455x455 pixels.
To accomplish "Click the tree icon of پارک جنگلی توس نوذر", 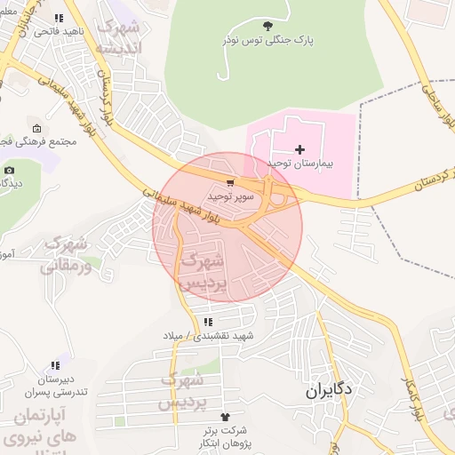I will coord(269,26).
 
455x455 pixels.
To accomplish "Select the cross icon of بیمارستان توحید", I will coord(299,149).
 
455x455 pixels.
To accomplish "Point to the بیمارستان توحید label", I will coord(299,164).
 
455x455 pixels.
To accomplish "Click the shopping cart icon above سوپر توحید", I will coord(231,182).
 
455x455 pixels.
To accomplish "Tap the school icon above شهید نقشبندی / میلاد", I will coord(208,322).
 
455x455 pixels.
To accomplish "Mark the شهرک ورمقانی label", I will coord(65,253).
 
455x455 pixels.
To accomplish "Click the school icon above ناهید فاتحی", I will coord(59,18).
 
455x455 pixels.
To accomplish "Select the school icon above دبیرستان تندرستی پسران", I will coord(56,364).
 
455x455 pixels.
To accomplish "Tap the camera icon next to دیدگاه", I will coord(9,170).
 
